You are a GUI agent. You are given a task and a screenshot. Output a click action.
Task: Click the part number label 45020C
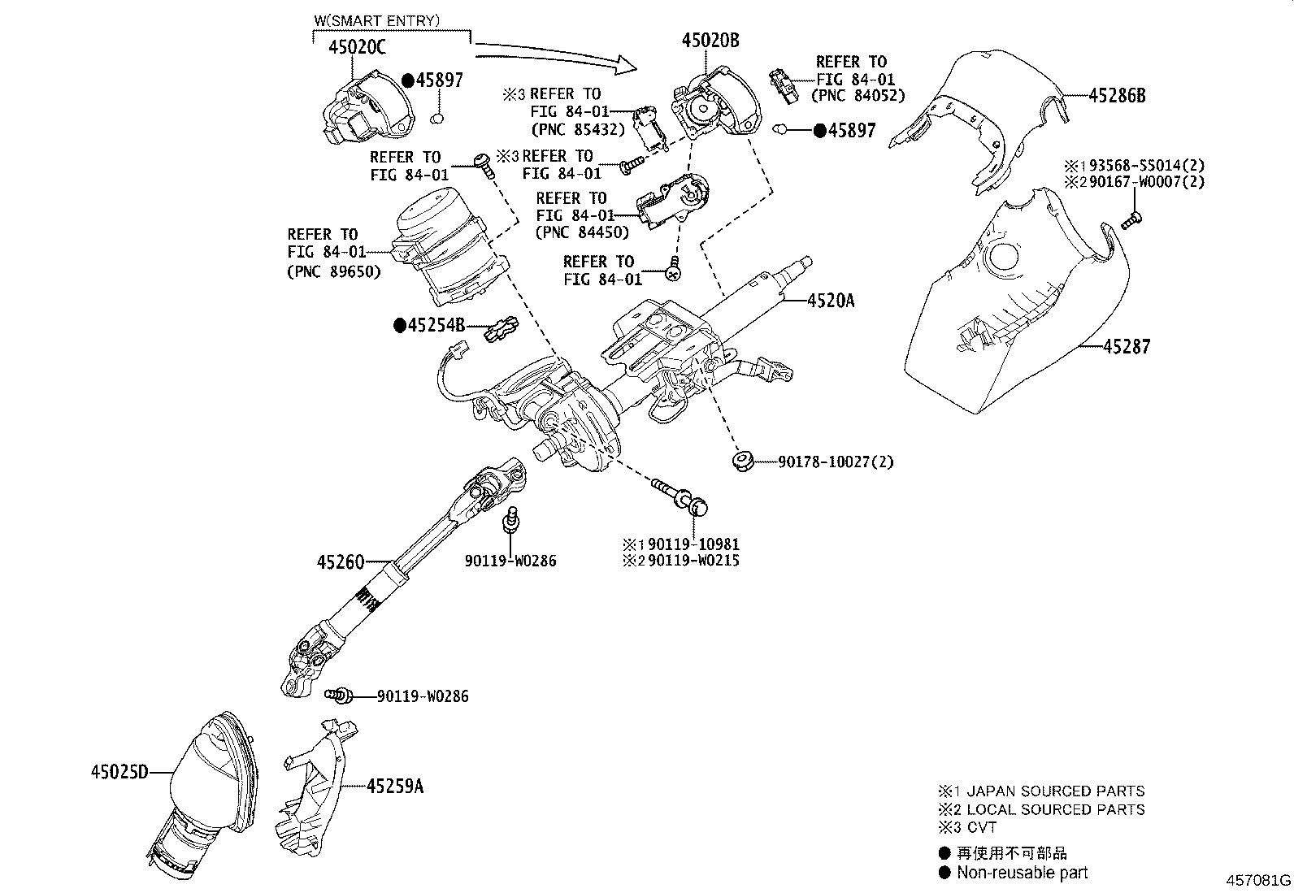(x=357, y=48)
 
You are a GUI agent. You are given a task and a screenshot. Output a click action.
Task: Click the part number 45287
(x=1127, y=347)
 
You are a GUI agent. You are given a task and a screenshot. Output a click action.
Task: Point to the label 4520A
(x=831, y=301)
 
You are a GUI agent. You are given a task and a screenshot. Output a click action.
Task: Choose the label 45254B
(x=436, y=326)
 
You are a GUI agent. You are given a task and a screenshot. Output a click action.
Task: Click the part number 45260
(x=341, y=561)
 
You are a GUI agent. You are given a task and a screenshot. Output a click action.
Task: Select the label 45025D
(x=119, y=772)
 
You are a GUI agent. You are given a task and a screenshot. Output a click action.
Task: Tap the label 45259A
(x=395, y=786)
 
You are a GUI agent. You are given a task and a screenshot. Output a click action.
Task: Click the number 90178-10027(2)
(x=835, y=462)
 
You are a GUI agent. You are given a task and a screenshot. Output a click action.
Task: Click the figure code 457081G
(x=1258, y=881)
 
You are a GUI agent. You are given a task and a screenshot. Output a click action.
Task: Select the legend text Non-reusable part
(x=1022, y=873)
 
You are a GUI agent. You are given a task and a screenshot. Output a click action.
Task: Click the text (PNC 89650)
(x=333, y=271)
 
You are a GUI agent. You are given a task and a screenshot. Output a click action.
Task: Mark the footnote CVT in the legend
(x=982, y=828)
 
